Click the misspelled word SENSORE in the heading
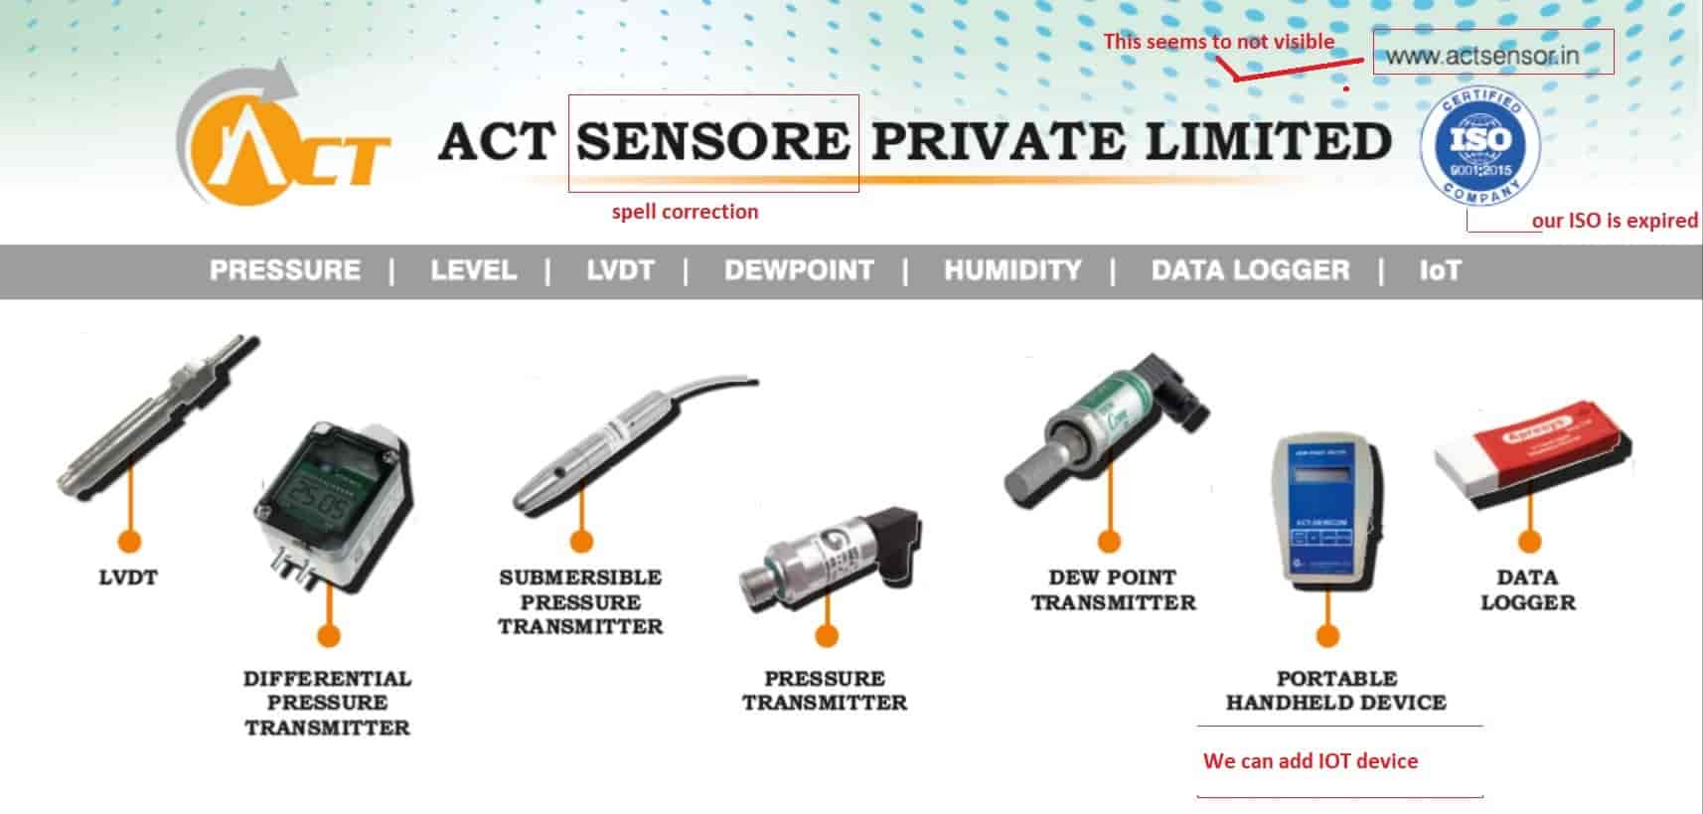tap(712, 141)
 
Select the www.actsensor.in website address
tap(1482, 56)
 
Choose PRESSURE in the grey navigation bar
tap(285, 270)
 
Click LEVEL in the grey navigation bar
tap(474, 270)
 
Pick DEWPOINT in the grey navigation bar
tap(799, 270)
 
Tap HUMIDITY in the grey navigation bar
tap(1012, 270)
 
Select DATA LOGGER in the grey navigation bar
tap(1250, 270)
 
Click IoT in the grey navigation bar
tap(1440, 270)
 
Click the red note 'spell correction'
tap(685, 212)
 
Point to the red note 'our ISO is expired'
tap(1614, 221)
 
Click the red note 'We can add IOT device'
tap(1310, 761)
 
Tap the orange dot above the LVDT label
tap(129, 541)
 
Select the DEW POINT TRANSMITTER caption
tap(1113, 589)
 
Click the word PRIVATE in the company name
tap(1000, 141)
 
